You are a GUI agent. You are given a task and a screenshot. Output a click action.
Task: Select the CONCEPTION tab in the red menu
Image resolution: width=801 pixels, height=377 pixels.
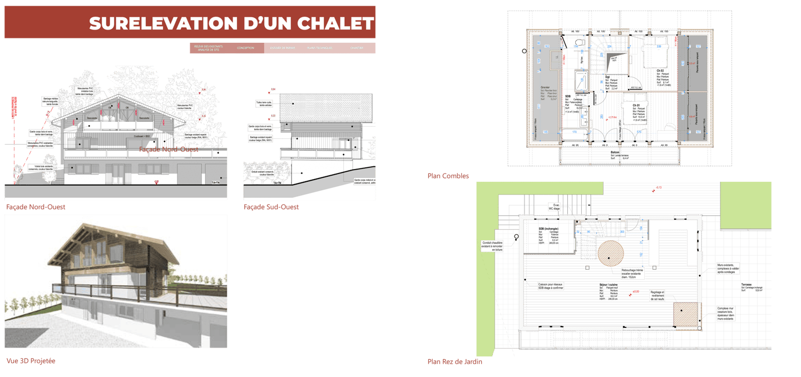point(245,48)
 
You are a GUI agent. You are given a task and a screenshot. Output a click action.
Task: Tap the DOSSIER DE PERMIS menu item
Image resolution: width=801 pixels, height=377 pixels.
point(282,48)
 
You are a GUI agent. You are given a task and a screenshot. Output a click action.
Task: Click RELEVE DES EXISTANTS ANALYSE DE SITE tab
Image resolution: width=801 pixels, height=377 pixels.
point(209,48)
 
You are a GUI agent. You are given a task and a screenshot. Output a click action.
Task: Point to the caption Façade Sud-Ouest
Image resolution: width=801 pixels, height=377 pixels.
point(271,207)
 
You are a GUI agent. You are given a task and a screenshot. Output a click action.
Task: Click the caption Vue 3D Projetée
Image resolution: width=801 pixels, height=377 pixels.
point(31,361)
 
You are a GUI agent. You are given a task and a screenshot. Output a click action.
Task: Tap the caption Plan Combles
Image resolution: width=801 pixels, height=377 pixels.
point(448,176)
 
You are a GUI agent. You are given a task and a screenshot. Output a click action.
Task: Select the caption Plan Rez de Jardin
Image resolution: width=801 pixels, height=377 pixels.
point(455,362)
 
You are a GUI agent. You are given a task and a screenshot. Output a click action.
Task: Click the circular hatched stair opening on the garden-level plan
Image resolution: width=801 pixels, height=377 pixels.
point(611,253)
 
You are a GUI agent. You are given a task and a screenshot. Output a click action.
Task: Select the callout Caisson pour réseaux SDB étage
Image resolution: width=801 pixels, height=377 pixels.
point(551,286)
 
